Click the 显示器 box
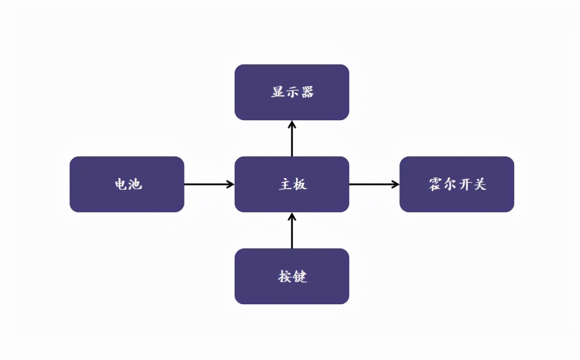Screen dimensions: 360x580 click(291, 92)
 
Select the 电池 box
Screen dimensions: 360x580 click(127, 184)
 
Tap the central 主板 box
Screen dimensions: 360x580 click(291, 184)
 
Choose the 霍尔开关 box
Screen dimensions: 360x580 click(457, 184)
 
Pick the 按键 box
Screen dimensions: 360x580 click(291, 276)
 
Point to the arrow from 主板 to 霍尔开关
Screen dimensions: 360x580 click(373, 184)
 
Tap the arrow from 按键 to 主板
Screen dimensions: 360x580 click(292, 231)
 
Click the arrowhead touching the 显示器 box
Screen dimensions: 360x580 click(292, 124)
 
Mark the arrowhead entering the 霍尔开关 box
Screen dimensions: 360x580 click(395, 184)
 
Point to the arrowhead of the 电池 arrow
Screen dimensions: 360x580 click(230, 184)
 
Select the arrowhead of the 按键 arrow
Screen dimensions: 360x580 click(292, 216)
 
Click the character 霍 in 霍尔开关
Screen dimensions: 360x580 click(435, 184)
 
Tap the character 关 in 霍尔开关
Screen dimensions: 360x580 click(480, 184)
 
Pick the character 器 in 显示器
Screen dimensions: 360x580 click(307, 92)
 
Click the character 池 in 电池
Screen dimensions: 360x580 click(135, 184)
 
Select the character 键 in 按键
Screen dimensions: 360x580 click(299, 276)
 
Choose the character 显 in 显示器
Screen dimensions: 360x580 click(278, 92)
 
